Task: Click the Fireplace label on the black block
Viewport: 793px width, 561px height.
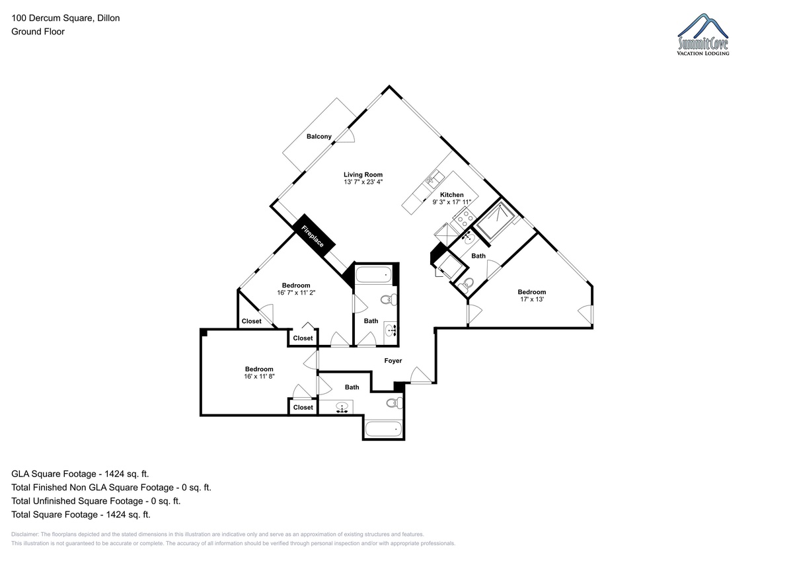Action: click(312, 236)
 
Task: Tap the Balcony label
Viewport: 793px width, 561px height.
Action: click(319, 137)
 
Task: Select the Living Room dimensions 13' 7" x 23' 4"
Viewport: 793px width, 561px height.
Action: click(363, 182)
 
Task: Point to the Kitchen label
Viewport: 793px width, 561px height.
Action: click(452, 195)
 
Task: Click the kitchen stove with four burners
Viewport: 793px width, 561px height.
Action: click(464, 217)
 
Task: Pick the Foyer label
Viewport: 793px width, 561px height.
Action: click(393, 361)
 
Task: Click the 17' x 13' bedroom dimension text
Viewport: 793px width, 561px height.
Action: click(532, 299)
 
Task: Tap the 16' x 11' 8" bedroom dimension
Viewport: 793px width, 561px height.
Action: click(259, 376)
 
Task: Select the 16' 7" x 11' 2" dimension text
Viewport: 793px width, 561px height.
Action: click(296, 293)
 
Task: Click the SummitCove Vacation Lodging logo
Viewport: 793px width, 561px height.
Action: click(703, 34)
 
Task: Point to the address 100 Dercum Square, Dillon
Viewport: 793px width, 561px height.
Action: click(65, 18)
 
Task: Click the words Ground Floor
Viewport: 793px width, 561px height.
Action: click(38, 32)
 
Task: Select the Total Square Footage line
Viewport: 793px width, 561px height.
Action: click(81, 514)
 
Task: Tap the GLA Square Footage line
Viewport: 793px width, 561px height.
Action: click(80, 474)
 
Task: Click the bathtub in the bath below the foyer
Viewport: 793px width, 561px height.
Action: click(383, 430)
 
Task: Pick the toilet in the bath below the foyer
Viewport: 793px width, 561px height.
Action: click(395, 403)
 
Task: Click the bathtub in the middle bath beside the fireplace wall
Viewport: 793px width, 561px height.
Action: click(373, 275)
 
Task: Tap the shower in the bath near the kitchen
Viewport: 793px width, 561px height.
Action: click(494, 219)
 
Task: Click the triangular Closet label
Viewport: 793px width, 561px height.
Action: click(251, 321)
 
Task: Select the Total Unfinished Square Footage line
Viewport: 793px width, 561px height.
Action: click(96, 501)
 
